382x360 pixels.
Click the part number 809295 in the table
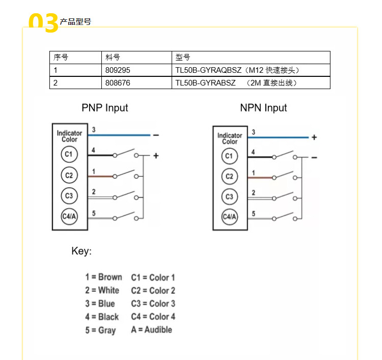tap(117, 70)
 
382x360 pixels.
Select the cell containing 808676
tap(117, 82)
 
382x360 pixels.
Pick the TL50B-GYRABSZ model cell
tap(236, 82)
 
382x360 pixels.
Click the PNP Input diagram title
tap(105, 108)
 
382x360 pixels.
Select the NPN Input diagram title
tap(263, 108)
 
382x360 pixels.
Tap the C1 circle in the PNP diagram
tap(69, 154)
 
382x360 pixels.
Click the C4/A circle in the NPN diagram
tap(230, 217)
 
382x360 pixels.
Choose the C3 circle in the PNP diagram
tap(69, 195)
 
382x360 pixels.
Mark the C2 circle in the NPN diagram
tap(230, 176)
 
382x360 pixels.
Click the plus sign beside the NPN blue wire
tap(314, 137)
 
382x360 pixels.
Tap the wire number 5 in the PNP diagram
tap(94, 213)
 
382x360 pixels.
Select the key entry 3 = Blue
tap(100, 303)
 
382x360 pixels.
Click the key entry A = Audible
tap(151, 329)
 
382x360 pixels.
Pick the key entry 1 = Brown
tap(103, 277)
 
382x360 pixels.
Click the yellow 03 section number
tap(44, 23)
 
